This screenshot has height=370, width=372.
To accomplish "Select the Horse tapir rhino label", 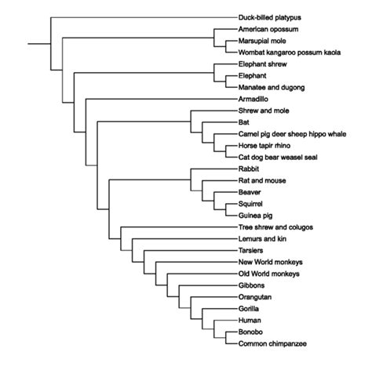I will point(262,145).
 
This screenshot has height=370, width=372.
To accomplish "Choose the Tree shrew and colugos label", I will point(275,227).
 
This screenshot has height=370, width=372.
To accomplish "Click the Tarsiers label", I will point(251,249).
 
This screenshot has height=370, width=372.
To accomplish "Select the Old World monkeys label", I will point(268,274).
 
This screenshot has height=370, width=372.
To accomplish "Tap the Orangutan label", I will point(254,297).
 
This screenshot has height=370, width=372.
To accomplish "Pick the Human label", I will point(250,320).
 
